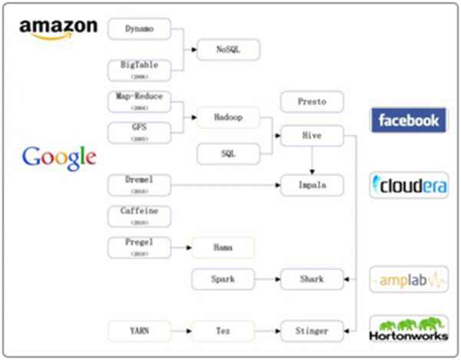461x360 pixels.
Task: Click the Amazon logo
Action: pyautogui.click(x=59, y=28)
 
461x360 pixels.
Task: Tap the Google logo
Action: pyautogui.click(x=59, y=157)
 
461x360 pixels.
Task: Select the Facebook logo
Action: pyautogui.click(x=408, y=121)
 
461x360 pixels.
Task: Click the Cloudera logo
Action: pyautogui.click(x=408, y=185)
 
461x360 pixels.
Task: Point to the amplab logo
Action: pyautogui.click(x=408, y=280)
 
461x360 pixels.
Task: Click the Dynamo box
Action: pyautogui.click(x=139, y=29)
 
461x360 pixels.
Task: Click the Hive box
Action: pyautogui.click(x=311, y=137)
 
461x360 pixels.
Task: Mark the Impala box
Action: pyautogui.click(x=311, y=184)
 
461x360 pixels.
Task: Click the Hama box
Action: pyautogui.click(x=222, y=247)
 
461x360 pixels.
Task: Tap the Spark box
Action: pyautogui.click(x=222, y=280)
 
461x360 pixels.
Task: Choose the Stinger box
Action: pyautogui.click(x=311, y=332)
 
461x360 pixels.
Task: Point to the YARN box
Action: pyautogui.click(x=139, y=332)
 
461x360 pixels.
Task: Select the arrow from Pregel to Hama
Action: pyautogui.click(x=181, y=247)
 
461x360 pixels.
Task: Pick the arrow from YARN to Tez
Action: pyautogui.click(x=181, y=332)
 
